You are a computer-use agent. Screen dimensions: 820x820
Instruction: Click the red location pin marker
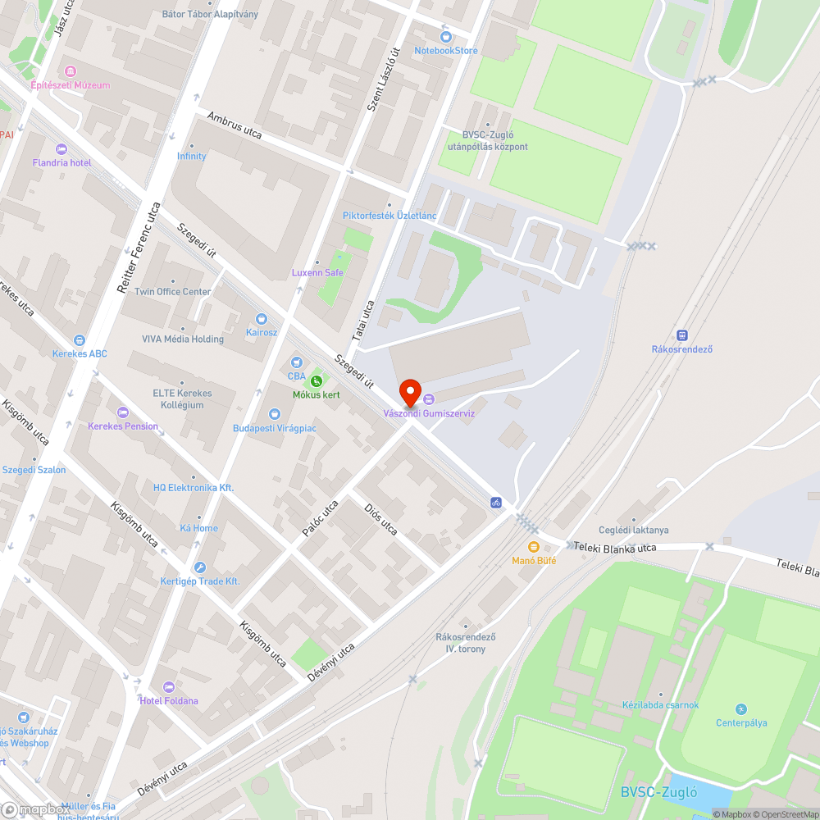coord(409,392)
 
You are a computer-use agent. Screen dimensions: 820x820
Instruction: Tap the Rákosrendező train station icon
coord(681,335)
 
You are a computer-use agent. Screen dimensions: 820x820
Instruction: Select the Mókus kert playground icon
coord(317,380)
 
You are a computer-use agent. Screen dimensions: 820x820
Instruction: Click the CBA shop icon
coord(296,362)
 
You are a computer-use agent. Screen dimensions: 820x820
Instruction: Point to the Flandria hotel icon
coord(61,149)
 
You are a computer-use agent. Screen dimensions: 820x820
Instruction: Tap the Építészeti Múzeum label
coord(70,85)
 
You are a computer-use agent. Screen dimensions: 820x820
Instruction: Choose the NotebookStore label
coord(446,50)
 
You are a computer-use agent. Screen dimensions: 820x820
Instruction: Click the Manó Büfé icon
coord(534,547)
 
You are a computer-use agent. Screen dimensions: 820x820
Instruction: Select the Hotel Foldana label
coord(168,700)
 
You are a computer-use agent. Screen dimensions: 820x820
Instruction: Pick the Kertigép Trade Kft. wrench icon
coord(199,567)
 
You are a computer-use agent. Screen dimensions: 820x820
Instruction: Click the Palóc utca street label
coord(320,519)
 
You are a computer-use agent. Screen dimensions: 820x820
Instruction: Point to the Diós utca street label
coord(380,518)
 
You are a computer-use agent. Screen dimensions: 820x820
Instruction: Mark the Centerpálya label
coord(741,722)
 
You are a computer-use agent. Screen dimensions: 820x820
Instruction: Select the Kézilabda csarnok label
coord(660,704)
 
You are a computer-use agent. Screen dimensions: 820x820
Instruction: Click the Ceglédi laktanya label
coord(633,530)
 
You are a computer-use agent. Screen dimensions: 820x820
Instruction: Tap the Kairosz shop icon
coord(262,318)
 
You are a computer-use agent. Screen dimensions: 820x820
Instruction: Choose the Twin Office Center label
coord(173,292)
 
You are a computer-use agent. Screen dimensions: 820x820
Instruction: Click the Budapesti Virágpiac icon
coord(275,415)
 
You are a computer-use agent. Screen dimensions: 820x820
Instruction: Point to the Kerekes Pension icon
coord(123,412)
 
